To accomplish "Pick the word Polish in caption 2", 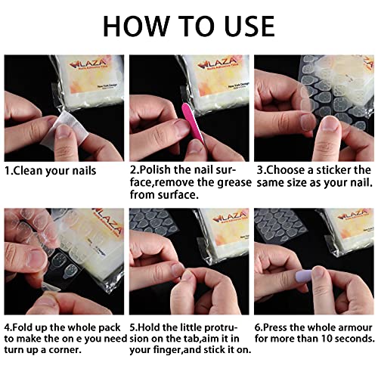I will click(156, 170).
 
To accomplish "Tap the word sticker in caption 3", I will click(338, 170).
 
